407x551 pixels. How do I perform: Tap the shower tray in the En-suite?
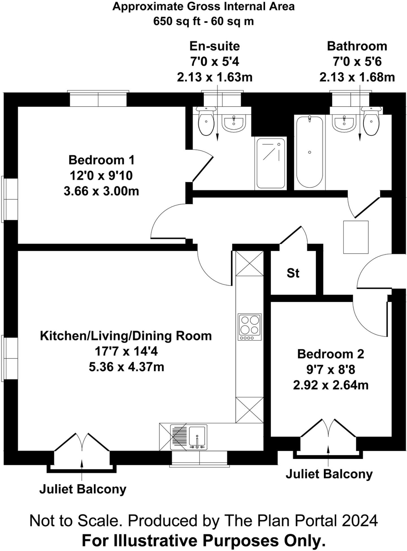coord(270,163)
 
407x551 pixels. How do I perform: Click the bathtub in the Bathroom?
coord(309,152)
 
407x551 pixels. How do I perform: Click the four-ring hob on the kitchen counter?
coord(250,327)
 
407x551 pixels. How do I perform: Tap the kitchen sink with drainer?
coord(189,437)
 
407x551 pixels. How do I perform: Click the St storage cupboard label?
coord(293,273)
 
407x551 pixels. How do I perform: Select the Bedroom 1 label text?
coord(101,160)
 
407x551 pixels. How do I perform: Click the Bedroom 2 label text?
coord(330,354)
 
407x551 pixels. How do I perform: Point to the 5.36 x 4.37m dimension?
coord(126,367)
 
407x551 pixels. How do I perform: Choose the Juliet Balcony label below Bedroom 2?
coord(329,474)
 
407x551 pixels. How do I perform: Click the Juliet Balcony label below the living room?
coord(83,489)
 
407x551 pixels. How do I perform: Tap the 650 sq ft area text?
coord(175,21)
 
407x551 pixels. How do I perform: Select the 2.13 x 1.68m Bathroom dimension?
coord(357,77)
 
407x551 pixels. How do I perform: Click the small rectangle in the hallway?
coord(356,237)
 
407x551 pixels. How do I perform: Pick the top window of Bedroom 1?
coord(98,99)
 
